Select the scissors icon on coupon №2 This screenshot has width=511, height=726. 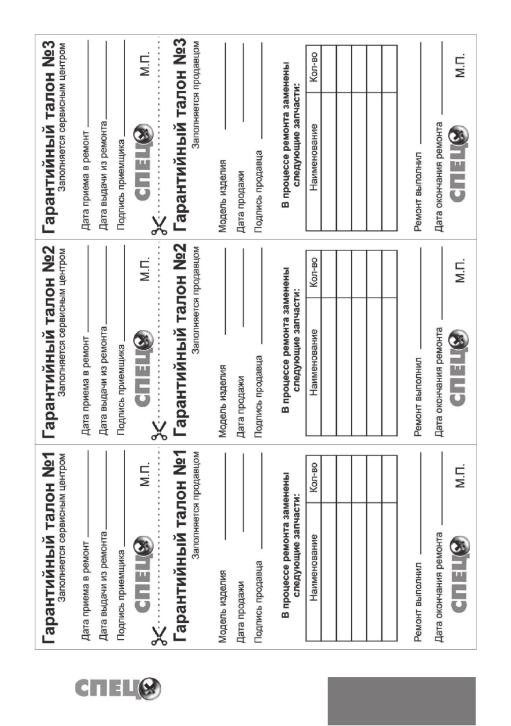point(159,431)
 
